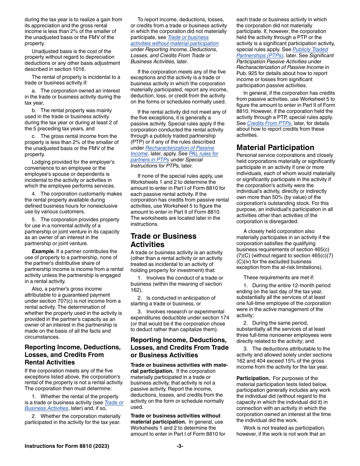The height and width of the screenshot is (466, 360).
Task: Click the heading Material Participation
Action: [275, 147]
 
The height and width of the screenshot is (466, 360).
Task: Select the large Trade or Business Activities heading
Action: [163, 240]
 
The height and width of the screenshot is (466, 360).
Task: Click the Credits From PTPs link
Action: [269, 123]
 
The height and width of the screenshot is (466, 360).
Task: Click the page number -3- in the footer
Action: [180, 446]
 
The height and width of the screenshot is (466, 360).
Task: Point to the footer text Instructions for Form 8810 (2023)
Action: [67, 446]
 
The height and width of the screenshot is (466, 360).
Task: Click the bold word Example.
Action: [43, 251]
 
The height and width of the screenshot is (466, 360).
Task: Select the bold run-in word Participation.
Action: [253, 378]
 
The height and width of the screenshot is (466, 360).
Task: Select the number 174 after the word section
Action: [224, 317]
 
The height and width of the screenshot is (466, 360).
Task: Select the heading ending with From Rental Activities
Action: [72, 355]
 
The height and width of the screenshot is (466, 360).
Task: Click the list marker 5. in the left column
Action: [34, 219]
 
